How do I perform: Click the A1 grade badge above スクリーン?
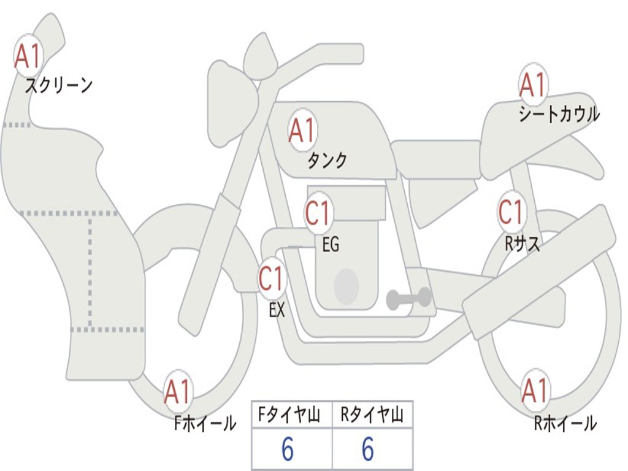[28, 56]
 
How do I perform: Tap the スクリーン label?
[58, 85]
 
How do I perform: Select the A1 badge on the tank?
[302, 130]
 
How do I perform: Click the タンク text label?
[327, 161]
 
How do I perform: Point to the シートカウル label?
[559, 115]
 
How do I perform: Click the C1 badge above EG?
[318, 213]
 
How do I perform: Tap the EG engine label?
[331, 245]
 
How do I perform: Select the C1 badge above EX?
[272, 278]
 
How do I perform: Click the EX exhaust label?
[277, 310]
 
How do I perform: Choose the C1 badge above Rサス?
[511, 212]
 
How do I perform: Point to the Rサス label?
[523, 243]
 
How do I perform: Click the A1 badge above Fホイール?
[178, 391]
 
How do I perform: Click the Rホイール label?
[565, 423]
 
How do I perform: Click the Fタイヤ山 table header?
[291, 416]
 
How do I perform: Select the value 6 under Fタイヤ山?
[288, 450]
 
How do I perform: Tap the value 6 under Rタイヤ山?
[368, 450]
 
